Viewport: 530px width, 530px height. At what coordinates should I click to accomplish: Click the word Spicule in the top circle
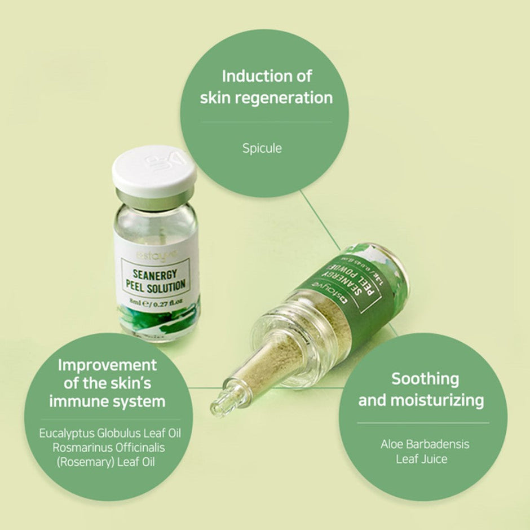click(x=262, y=149)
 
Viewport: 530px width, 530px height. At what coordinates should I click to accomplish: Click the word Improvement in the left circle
click(x=107, y=364)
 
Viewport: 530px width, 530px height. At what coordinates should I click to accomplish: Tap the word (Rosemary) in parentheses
click(x=76, y=462)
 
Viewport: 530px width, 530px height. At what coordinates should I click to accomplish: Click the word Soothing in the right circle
click(x=425, y=378)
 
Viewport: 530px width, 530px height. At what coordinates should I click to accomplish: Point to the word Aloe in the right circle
click(x=392, y=444)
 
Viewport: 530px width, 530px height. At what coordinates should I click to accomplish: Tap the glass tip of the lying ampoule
click(x=220, y=401)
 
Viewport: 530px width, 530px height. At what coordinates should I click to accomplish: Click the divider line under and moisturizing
click(x=423, y=423)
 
